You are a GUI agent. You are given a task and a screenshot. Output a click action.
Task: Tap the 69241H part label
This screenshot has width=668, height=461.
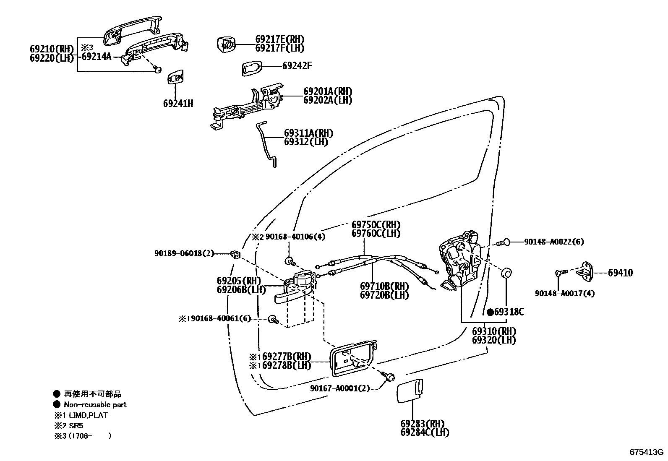(x=178, y=103)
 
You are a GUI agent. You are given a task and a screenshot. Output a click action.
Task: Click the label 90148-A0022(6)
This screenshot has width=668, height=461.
(x=553, y=242)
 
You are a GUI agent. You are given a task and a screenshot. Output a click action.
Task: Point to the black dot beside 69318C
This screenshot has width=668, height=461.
(x=490, y=312)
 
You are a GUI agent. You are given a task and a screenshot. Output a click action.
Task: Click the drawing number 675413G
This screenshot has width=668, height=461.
(x=646, y=452)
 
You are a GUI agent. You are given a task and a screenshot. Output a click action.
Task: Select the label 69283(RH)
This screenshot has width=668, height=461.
(x=422, y=424)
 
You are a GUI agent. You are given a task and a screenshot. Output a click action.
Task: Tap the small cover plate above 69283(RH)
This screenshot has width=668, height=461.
(x=410, y=389)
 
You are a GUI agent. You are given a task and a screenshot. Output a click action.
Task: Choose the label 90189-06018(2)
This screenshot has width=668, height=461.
(x=184, y=253)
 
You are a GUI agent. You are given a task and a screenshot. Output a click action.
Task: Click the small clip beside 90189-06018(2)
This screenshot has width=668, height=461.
(x=235, y=254)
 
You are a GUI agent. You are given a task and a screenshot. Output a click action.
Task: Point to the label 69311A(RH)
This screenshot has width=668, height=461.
(x=308, y=133)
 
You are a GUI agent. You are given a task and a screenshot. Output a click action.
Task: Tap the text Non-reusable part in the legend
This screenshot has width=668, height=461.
(x=95, y=405)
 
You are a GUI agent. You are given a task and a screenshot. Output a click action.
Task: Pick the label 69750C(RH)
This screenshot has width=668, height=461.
(x=376, y=225)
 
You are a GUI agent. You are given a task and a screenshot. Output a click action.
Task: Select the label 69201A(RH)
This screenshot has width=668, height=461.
(x=327, y=91)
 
